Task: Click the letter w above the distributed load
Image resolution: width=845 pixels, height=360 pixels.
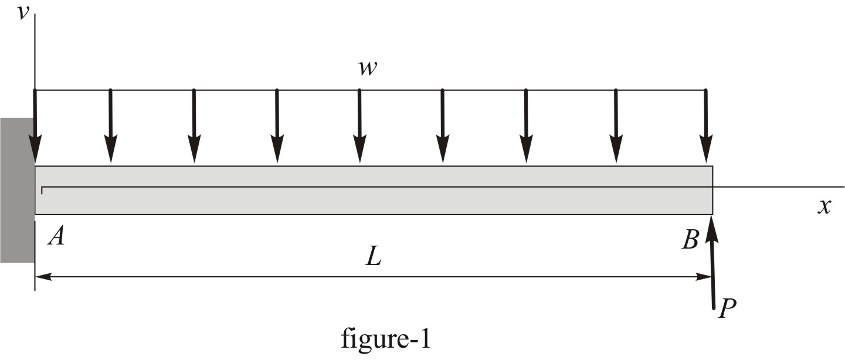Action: [368, 69]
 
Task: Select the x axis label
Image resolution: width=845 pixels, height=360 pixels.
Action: [824, 206]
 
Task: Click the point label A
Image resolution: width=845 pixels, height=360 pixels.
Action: [57, 236]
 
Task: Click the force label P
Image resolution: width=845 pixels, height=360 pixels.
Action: [727, 308]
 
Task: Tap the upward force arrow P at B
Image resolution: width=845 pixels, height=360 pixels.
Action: [712, 264]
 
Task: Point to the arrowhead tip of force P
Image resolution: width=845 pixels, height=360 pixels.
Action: [711, 217]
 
